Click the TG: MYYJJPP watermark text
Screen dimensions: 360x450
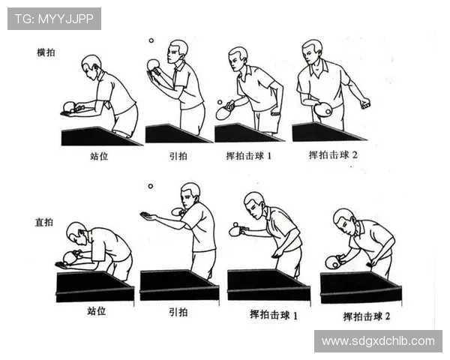coord(53,19)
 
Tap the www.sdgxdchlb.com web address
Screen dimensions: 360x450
coord(377,341)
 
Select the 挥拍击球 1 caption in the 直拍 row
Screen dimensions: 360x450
coord(274,315)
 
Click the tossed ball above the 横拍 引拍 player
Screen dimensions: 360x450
coord(151,41)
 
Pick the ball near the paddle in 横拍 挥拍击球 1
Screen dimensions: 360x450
coord(220,102)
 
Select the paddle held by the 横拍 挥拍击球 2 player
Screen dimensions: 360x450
coord(323,109)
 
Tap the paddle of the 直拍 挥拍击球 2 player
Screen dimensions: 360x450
coord(332,262)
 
